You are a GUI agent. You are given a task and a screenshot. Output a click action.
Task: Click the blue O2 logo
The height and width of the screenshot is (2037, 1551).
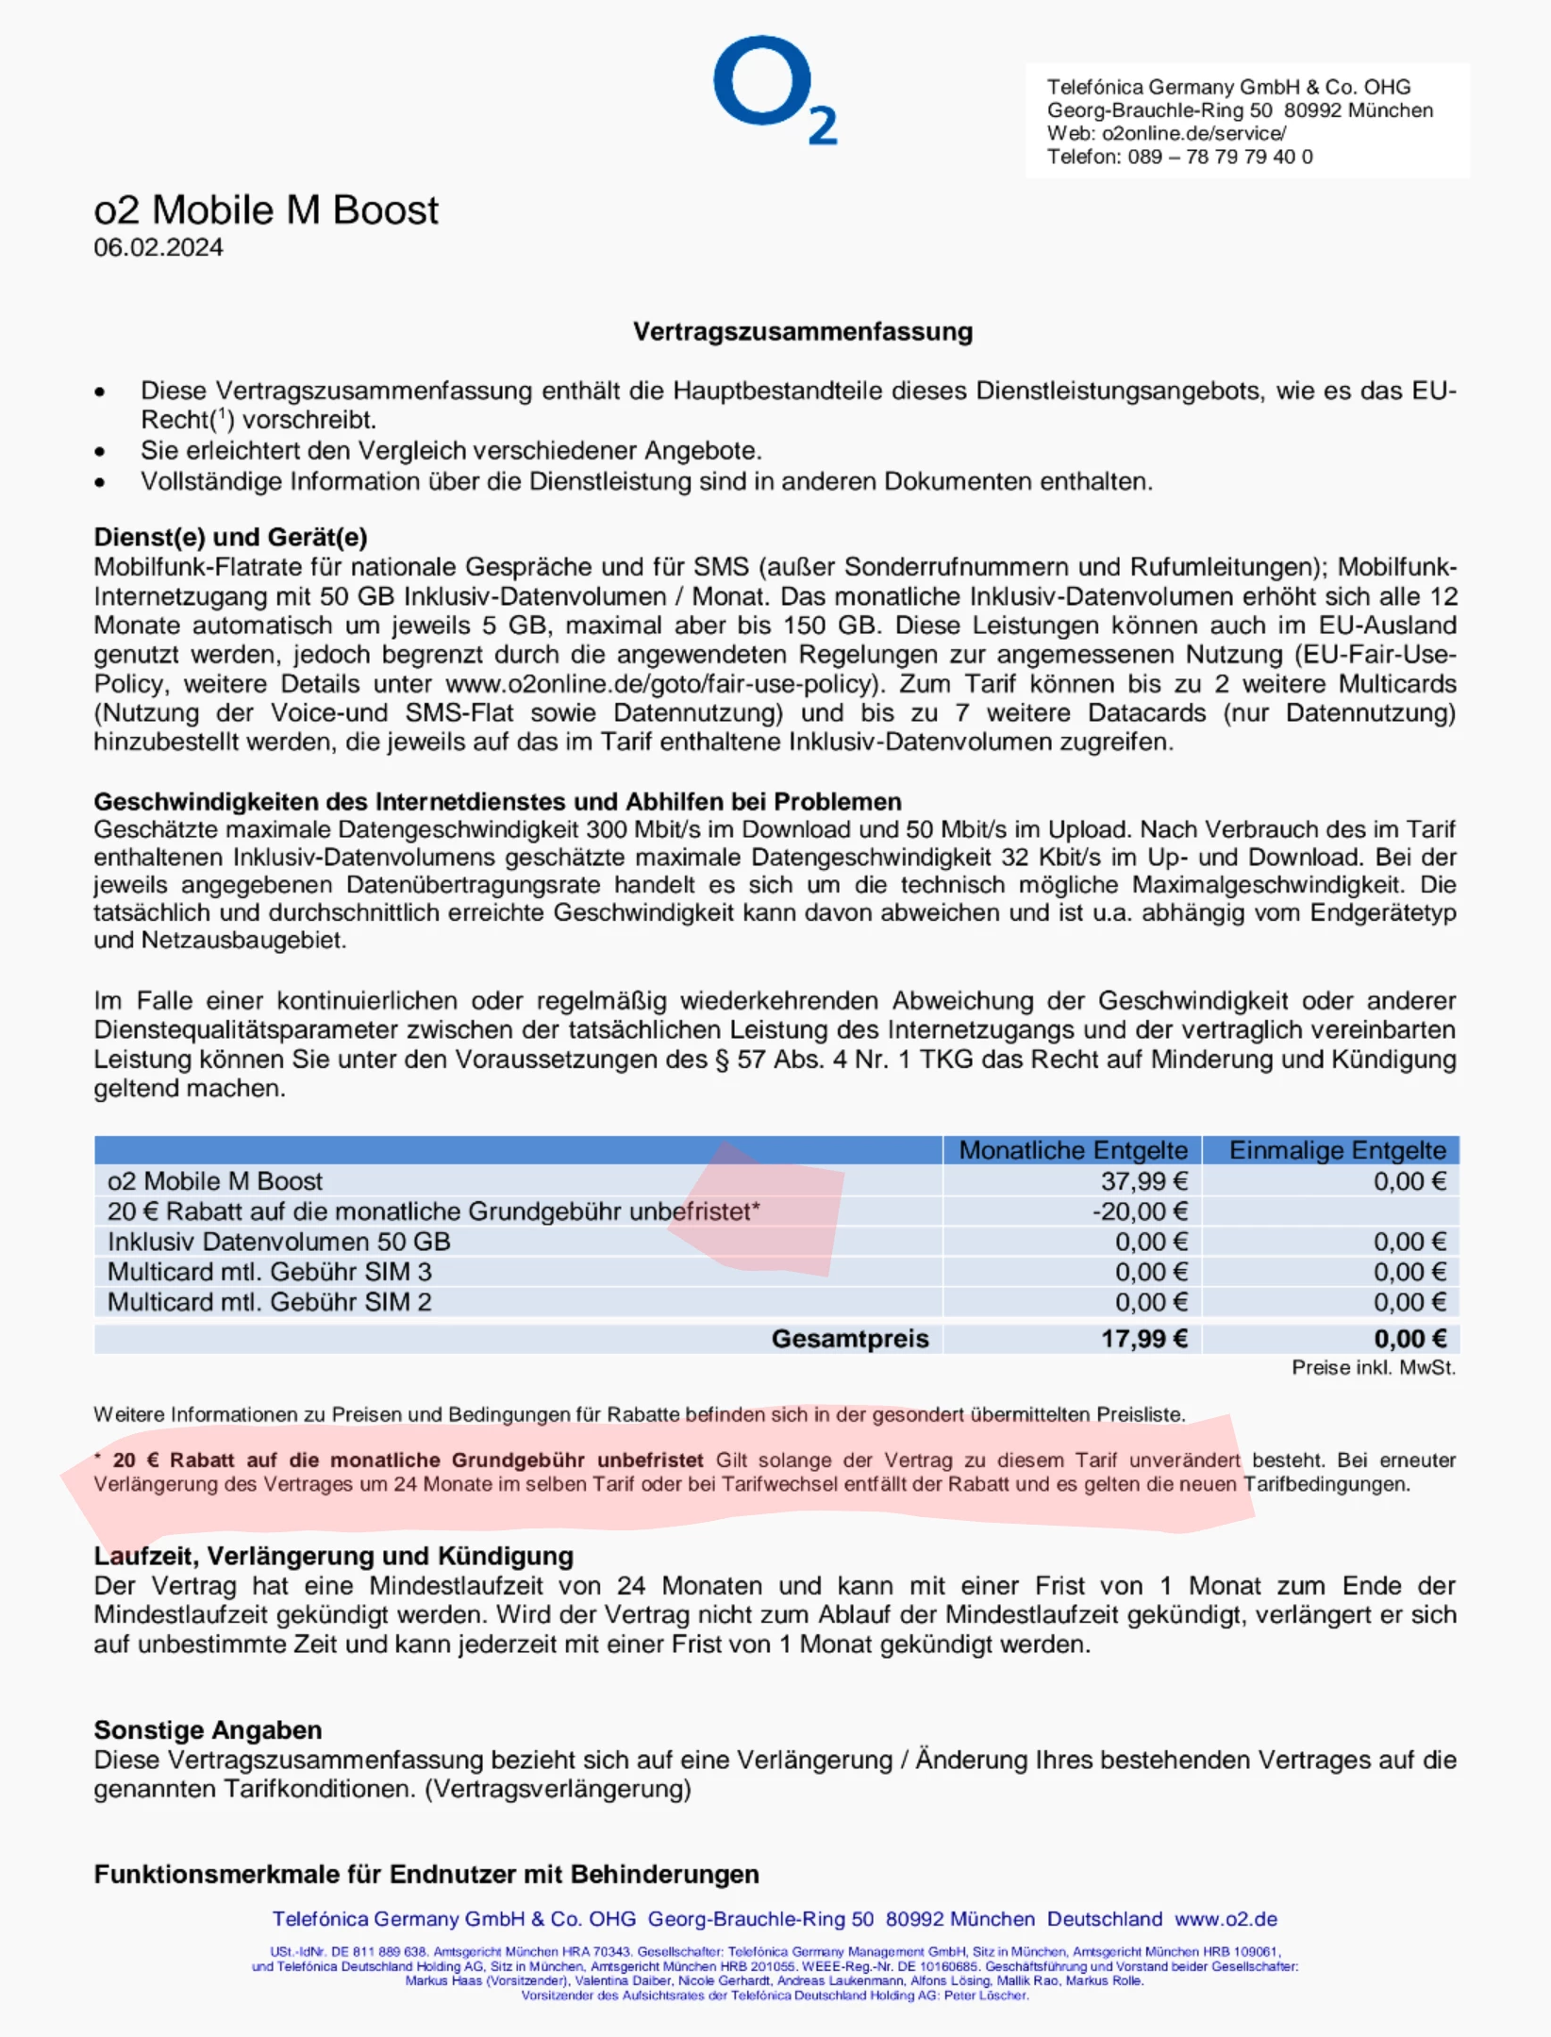point(774,89)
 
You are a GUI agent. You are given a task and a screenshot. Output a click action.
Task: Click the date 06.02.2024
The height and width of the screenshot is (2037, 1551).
point(158,247)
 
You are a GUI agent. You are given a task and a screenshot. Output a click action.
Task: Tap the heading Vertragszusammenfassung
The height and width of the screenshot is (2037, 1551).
point(803,332)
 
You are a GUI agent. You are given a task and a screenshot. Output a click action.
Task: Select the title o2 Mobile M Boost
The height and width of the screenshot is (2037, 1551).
point(266,210)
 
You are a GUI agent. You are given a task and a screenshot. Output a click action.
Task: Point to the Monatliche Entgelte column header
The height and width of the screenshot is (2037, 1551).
point(1073,1150)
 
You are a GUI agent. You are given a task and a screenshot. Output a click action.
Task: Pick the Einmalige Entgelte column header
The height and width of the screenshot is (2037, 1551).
point(1337,1150)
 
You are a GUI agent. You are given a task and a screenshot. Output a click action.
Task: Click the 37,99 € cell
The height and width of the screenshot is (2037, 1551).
point(1143,1181)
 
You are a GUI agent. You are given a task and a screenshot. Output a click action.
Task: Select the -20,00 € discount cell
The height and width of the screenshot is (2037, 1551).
point(1139,1211)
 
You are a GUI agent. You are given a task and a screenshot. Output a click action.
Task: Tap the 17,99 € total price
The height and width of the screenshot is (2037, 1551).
point(1143,1339)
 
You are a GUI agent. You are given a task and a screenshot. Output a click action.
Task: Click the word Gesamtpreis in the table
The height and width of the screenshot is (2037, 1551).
point(849,1339)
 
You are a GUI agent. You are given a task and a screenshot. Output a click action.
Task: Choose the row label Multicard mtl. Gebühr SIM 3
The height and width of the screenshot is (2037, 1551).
point(270,1272)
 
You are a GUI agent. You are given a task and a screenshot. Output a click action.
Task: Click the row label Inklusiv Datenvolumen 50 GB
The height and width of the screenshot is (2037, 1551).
point(279,1242)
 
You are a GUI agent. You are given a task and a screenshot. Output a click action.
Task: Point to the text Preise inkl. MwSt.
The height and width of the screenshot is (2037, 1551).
point(1373,1368)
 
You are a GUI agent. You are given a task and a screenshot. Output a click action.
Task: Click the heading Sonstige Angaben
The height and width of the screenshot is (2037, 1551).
point(208,1730)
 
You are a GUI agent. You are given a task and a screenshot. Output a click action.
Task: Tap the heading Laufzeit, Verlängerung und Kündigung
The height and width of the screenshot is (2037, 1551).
point(333,1556)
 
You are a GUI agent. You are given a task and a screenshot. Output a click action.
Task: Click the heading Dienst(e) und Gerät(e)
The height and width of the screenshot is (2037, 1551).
point(230,537)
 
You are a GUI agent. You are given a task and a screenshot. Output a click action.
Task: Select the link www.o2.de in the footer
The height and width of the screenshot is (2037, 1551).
point(1226,1919)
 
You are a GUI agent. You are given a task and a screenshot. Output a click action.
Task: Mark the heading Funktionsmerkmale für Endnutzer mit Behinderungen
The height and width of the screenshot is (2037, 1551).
point(426,1875)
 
